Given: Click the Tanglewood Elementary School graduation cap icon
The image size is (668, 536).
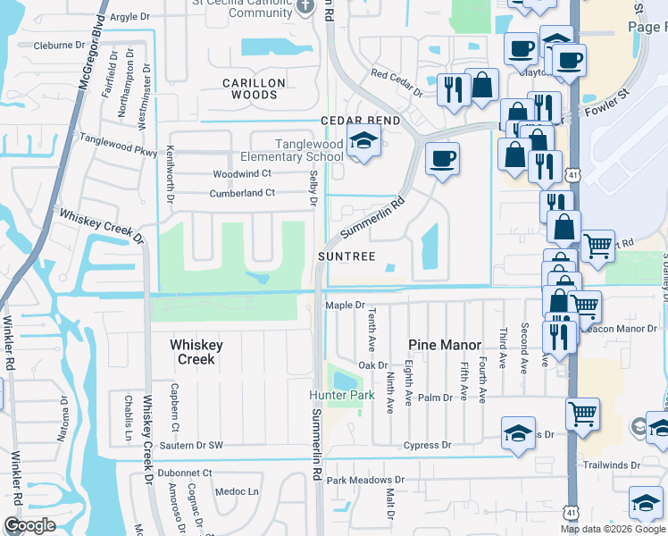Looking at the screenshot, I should pyautogui.click(x=363, y=140).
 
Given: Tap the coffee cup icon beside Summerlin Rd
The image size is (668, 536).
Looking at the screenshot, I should pyautogui.click(x=442, y=159).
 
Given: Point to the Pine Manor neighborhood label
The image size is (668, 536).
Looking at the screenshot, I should pyautogui.click(x=445, y=345).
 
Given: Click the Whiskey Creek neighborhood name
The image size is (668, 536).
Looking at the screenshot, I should pyautogui.click(x=196, y=352).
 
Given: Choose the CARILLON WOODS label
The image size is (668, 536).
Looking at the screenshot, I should pyautogui.click(x=254, y=88).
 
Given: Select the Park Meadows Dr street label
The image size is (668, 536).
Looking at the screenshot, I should pyautogui.click(x=365, y=481).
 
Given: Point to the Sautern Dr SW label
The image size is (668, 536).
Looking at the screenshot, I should pyautogui.click(x=191, y=445).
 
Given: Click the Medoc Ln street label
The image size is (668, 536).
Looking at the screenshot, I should pyautogui.click(x=238, y=491).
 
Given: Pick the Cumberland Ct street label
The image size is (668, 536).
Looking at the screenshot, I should pyautogui.click(x=242, y=193).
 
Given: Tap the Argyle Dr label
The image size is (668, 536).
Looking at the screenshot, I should pyautogui.click(x=129, y=17).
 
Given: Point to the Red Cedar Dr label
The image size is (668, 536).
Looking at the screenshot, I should pyautogui.click(x=396, y=83).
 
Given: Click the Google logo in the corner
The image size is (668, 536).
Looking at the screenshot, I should pyautogui.click(x=29, y=525).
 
